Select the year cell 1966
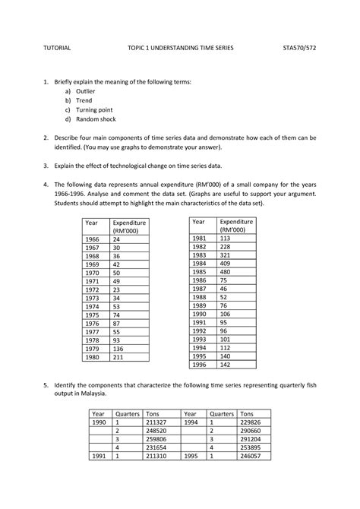coord(93,239)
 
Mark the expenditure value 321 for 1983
coord(224,254)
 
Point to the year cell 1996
coord(199,365)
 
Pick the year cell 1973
coord(93,298)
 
